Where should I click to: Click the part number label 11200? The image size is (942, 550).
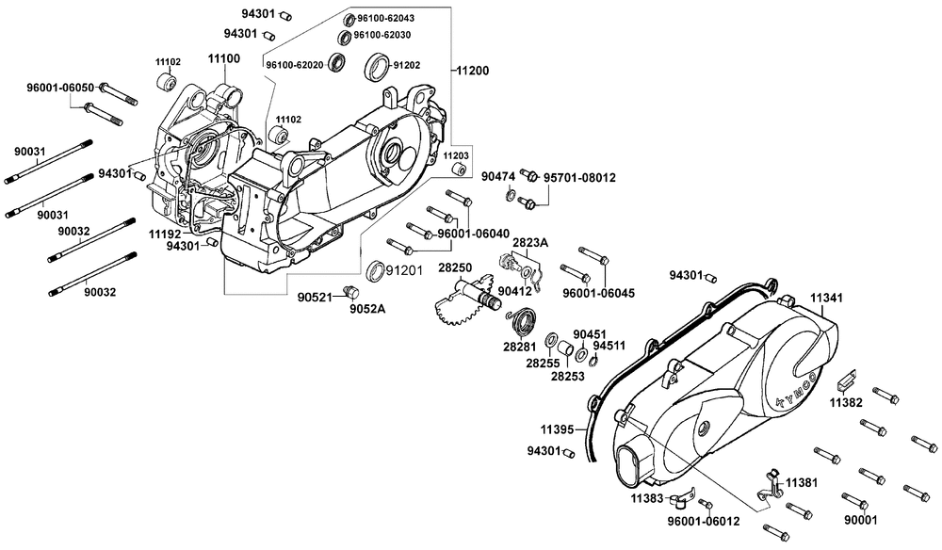point(473,71)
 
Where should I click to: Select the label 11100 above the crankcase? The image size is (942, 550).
point(224,58)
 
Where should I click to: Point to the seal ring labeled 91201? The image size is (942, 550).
point(376,271)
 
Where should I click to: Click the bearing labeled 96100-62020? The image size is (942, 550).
point(337,62)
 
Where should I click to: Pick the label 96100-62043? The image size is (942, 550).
point(385,18)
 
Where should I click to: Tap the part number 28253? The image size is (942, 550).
point(568,377)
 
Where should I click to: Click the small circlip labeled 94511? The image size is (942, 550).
point(594,361)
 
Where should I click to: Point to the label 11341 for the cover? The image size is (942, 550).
point(826,298)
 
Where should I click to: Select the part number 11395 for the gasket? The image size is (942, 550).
point(557,429)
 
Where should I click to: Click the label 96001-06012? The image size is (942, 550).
point(704,521)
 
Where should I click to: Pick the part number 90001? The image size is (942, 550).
point(861,520)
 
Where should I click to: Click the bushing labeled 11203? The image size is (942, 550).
point(460,170)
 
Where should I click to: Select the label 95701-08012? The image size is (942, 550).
point(579,178)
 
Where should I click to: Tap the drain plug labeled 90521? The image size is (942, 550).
point(349,293)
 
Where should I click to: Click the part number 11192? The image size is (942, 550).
point(165,234)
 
